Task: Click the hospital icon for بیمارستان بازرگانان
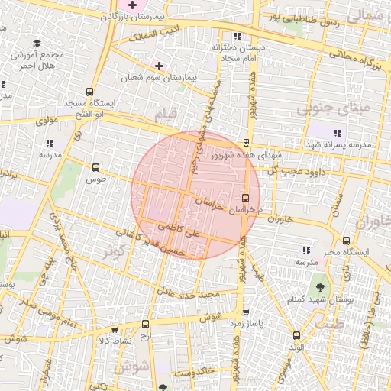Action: click(x=132, y=5)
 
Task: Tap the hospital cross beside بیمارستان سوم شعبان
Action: click(x=159, y=66)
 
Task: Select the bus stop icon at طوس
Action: click(x=95, y=167)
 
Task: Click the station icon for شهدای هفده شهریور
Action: click(x=246, y=143)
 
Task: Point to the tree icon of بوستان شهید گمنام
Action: click(x=319, y=288)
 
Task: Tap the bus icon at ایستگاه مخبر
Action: click(x=347, y=241)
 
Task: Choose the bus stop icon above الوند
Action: click(x=296, y=334)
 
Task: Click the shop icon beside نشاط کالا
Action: click(x=115, y=330)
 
